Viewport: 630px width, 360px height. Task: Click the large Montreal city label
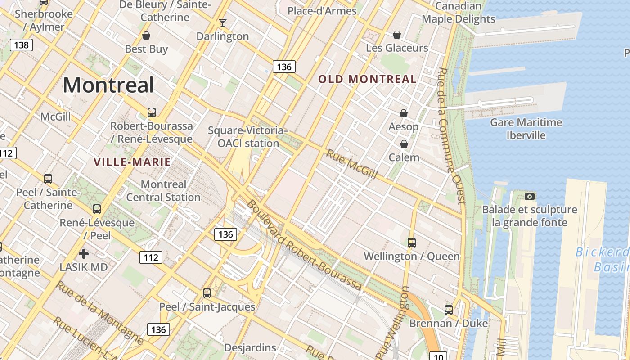click(x=108, y=85)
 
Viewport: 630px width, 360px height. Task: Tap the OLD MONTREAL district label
click(x=367, y=79)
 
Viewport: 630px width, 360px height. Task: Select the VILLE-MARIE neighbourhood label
click(x=132, y=162)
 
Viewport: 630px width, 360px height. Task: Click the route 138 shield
click(x=21, y=45)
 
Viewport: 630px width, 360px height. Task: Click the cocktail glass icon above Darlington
click(x=222, y=22)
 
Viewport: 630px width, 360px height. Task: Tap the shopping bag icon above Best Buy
click(x=146, y=35)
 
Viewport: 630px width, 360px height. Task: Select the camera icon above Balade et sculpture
click(x=530, y=196)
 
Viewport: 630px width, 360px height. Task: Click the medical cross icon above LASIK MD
click(x=84, y=254)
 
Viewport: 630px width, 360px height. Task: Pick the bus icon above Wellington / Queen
click(x=411, y=243)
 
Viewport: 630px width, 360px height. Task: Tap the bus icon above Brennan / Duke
click(x=448, y=310)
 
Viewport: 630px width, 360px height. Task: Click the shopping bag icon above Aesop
click(x=404, y=113)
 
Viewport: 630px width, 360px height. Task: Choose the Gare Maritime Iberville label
click(x=526, y=129)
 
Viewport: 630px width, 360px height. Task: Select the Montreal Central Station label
click(x=163, y=191)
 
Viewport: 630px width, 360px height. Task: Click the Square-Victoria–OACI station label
click(x=248, y=137)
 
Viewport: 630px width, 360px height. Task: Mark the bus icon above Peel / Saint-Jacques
click(x=207, y=293)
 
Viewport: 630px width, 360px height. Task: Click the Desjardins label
click(x=250, y=347)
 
